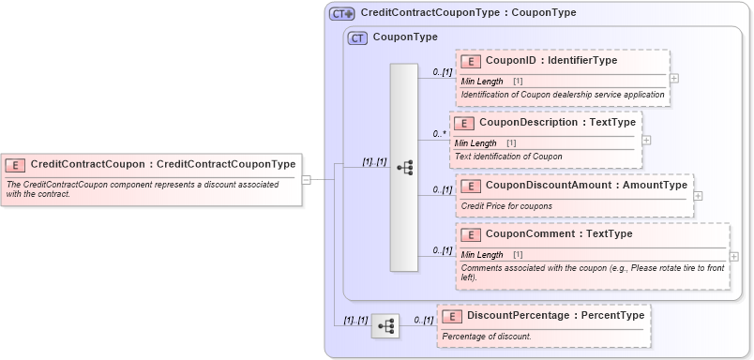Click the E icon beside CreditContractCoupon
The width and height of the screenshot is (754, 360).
point(16,164)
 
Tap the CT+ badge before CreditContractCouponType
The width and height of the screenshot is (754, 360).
point(341,13)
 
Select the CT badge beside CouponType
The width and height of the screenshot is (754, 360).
point(357,37)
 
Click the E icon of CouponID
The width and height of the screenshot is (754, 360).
point(471,61)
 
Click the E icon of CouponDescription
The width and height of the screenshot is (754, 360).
point(464,123)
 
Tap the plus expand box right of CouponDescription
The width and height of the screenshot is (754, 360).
point(646,140)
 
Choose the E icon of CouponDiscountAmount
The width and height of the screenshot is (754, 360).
point(471,185)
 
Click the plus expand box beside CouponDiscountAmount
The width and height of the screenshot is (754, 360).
point(698,196)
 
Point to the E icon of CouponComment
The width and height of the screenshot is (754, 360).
point(471,233)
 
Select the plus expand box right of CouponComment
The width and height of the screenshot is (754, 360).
point(733,256)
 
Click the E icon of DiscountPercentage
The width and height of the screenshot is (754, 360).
point(452,316)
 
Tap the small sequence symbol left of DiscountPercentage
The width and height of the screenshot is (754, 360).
point(385,326)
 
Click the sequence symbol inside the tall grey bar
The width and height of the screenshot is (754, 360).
point(405,168)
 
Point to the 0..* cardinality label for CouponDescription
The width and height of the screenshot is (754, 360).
point(439,134)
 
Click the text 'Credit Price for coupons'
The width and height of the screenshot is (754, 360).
point(506,205)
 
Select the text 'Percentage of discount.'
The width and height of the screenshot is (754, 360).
point(487,337)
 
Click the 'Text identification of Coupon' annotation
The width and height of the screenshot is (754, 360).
point(507,156)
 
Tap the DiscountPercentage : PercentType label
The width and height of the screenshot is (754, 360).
point(555,316)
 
